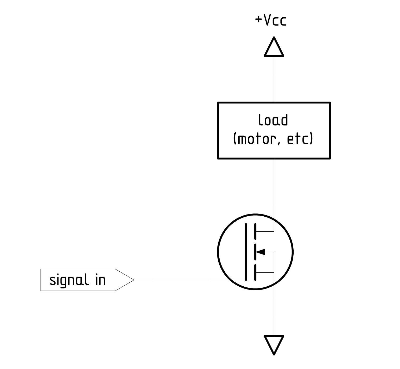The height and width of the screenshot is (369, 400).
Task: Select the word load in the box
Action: tap(273, 120)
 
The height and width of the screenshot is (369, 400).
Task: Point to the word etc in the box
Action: tap(297, 139)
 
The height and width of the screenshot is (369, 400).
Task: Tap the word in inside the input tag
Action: tap(100, 280)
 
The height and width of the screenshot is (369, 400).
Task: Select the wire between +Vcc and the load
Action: tap(274, 79)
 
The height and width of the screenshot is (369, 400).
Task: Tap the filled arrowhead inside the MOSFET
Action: tap(260, 252)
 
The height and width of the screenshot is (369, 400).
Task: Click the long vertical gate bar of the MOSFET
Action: tap(246, 252)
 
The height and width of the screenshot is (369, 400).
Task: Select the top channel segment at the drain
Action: tap(255, 231)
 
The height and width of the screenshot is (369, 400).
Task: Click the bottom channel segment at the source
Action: tap(255, 273)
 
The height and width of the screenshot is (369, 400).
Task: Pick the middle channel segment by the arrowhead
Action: tap(255, 252)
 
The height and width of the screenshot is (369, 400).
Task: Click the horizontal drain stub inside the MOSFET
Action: tap(265, 231)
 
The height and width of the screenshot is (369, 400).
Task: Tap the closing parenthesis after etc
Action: tap(311, 139)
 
